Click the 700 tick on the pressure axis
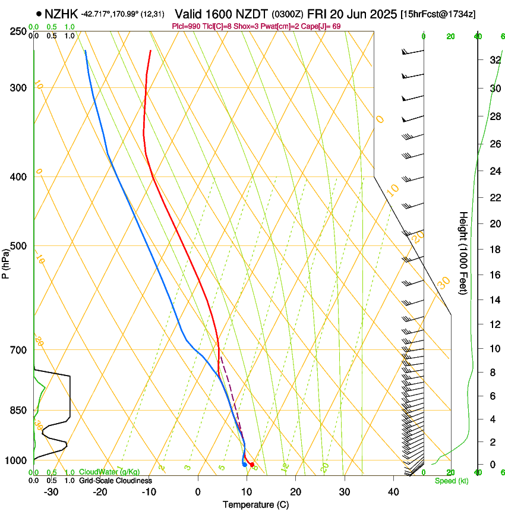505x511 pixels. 18,350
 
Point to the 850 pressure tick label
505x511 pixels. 18,411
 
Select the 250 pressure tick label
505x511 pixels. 18,31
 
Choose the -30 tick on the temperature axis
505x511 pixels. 51,492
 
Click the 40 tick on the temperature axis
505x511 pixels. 393,492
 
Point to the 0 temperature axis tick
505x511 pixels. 198,492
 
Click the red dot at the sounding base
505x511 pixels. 252,465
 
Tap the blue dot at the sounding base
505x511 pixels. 245,465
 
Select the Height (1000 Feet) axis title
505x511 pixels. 463,253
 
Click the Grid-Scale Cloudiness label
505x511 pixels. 115,481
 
